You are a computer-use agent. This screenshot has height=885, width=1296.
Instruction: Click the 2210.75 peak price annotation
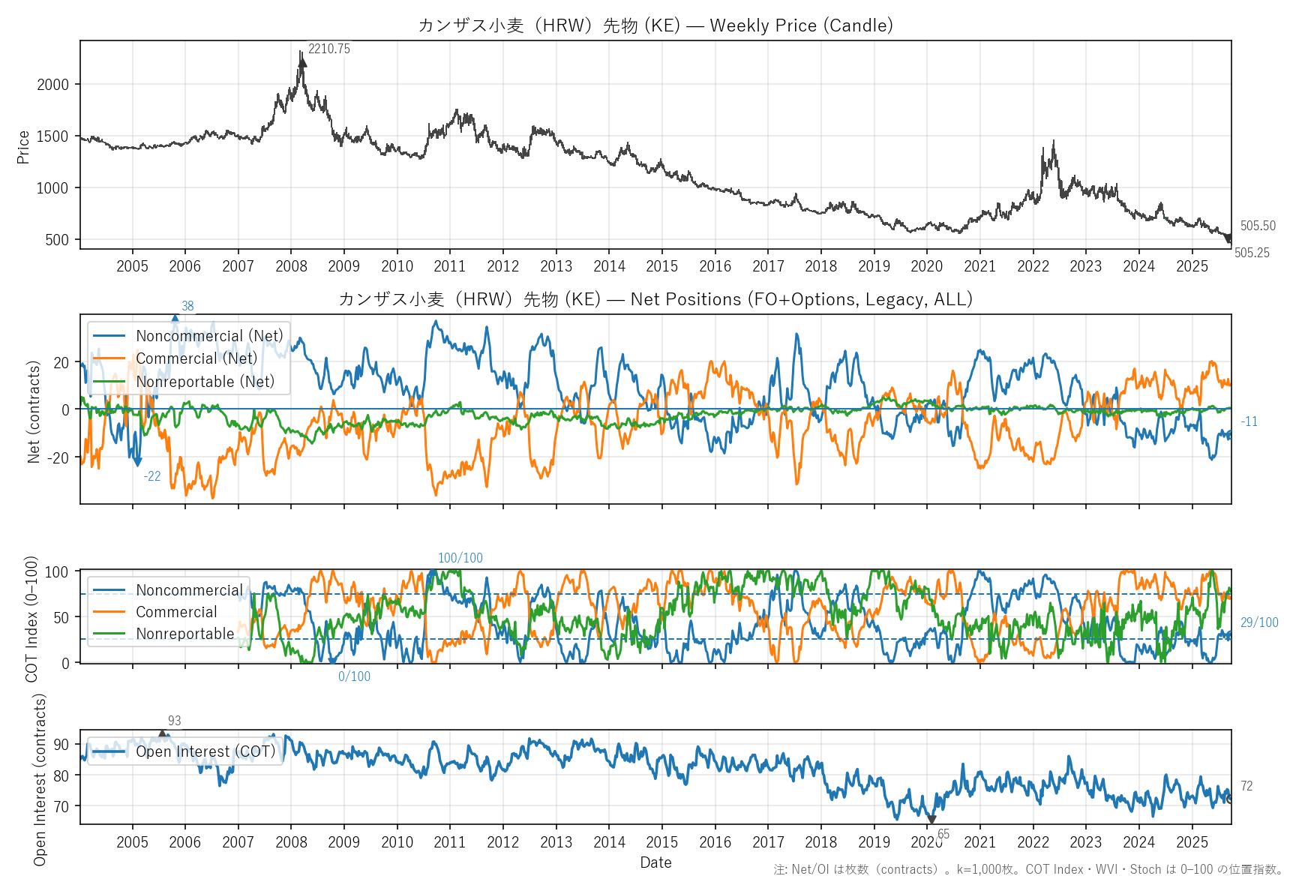(x=328, y=49)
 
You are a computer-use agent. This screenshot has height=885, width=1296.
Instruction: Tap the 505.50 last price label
(x=1257, y=226)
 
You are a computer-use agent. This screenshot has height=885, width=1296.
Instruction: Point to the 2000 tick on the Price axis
(x=52, y=85)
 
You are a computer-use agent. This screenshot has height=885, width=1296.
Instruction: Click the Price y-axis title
(x=23, y=147)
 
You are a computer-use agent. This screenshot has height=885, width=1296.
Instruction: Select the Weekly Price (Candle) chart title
(x=655, y=25)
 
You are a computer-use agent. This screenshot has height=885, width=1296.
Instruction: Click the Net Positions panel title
(x=655, y=299)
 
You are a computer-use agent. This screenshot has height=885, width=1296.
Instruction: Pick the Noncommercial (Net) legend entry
(x=209, y=336)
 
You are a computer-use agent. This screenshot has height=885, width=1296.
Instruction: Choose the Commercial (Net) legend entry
(x=196, y=358)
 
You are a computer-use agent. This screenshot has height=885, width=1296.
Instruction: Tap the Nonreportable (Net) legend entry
(x=205, y=382)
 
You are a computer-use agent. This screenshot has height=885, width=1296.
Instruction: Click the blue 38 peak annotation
(x=187, y=306)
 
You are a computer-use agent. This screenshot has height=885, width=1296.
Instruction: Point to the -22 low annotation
(x=152, y=476)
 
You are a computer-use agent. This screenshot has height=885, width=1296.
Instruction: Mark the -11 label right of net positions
(x=1249, y=421)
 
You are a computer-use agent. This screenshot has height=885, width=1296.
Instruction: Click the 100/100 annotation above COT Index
(x=460, y=558)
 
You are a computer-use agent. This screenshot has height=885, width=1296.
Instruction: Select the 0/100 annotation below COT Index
(x=354, y=676)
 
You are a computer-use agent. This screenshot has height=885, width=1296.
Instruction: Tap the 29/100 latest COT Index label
(x=1258, y=622)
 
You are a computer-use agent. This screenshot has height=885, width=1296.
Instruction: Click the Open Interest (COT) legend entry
(x=205, y=751)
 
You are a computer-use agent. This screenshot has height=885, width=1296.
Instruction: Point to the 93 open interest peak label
(x=174, y=721)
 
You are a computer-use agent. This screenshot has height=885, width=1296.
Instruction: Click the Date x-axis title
(x=655, y=862)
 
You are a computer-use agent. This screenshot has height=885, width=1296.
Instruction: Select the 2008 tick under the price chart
(x=291, y=266)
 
